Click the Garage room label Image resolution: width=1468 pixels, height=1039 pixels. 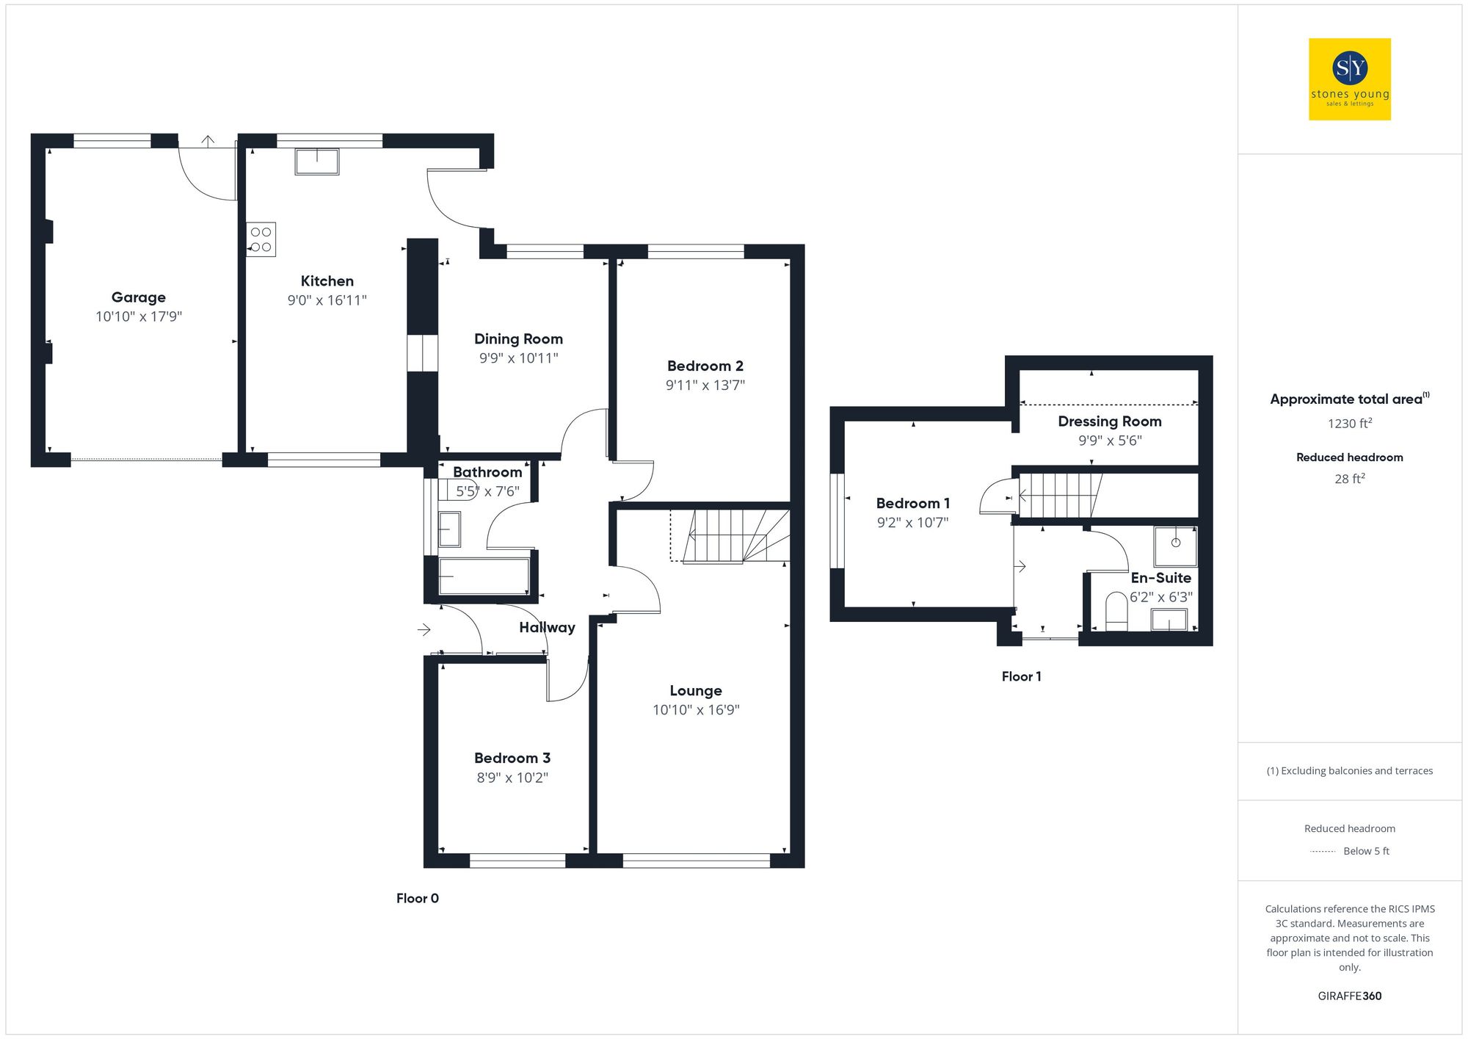(138, 297)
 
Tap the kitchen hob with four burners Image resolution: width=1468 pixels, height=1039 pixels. (261, 239)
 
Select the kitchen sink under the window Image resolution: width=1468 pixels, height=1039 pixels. (317, 162)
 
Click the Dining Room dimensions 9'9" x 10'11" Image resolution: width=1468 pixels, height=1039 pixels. (518, 358)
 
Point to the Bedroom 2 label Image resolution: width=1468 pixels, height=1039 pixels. (705, 366)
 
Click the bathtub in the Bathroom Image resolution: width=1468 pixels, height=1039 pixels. (484, 577)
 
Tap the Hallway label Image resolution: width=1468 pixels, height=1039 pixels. (547, 628)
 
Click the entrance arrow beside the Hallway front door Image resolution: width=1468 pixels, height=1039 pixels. (424, 629)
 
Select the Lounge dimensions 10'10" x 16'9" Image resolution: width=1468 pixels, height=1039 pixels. (696, 710)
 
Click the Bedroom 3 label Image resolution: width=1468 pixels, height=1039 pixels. (512, 758)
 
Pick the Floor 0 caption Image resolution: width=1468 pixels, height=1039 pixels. (417, 899)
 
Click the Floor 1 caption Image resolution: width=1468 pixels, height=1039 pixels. (1021, 677)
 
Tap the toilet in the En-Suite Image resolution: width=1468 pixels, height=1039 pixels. (1116, 610)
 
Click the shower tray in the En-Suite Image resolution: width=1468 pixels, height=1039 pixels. (1175, 545)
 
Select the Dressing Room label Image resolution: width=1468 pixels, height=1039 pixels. (1109, 421)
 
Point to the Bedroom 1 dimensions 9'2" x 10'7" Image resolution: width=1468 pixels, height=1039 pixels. (912, 523)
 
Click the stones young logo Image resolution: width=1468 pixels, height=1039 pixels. (1350, 79)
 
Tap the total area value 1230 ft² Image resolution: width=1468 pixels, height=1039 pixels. (1349, 424)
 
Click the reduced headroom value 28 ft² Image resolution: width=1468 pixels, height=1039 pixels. (1349, 479)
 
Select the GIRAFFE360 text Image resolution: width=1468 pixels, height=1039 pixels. (1349, 996)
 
